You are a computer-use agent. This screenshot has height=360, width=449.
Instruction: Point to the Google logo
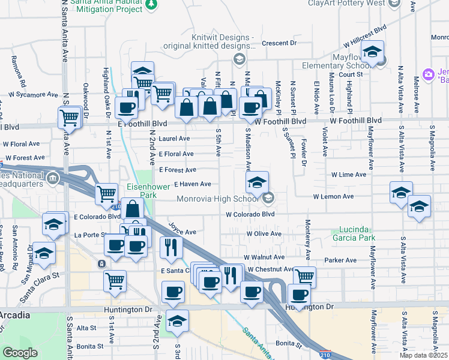point(20,353)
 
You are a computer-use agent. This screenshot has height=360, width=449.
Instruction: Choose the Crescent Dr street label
point(279,43)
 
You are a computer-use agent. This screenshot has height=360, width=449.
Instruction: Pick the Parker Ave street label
point(340,260)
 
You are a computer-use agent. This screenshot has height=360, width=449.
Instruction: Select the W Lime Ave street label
point(348,175)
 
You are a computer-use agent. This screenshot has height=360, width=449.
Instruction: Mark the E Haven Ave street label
point(192,184)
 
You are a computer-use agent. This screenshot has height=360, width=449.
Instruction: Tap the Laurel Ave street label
point(175,139)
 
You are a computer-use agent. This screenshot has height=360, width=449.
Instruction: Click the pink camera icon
point(429,74)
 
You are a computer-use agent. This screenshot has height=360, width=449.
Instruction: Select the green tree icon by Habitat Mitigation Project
point(151,5)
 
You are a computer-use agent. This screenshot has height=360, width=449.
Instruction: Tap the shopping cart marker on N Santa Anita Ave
point(70,117)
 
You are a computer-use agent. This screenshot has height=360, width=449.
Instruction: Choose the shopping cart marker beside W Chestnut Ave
point(304,277)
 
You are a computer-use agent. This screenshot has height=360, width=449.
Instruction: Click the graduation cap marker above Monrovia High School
point(256,182)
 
